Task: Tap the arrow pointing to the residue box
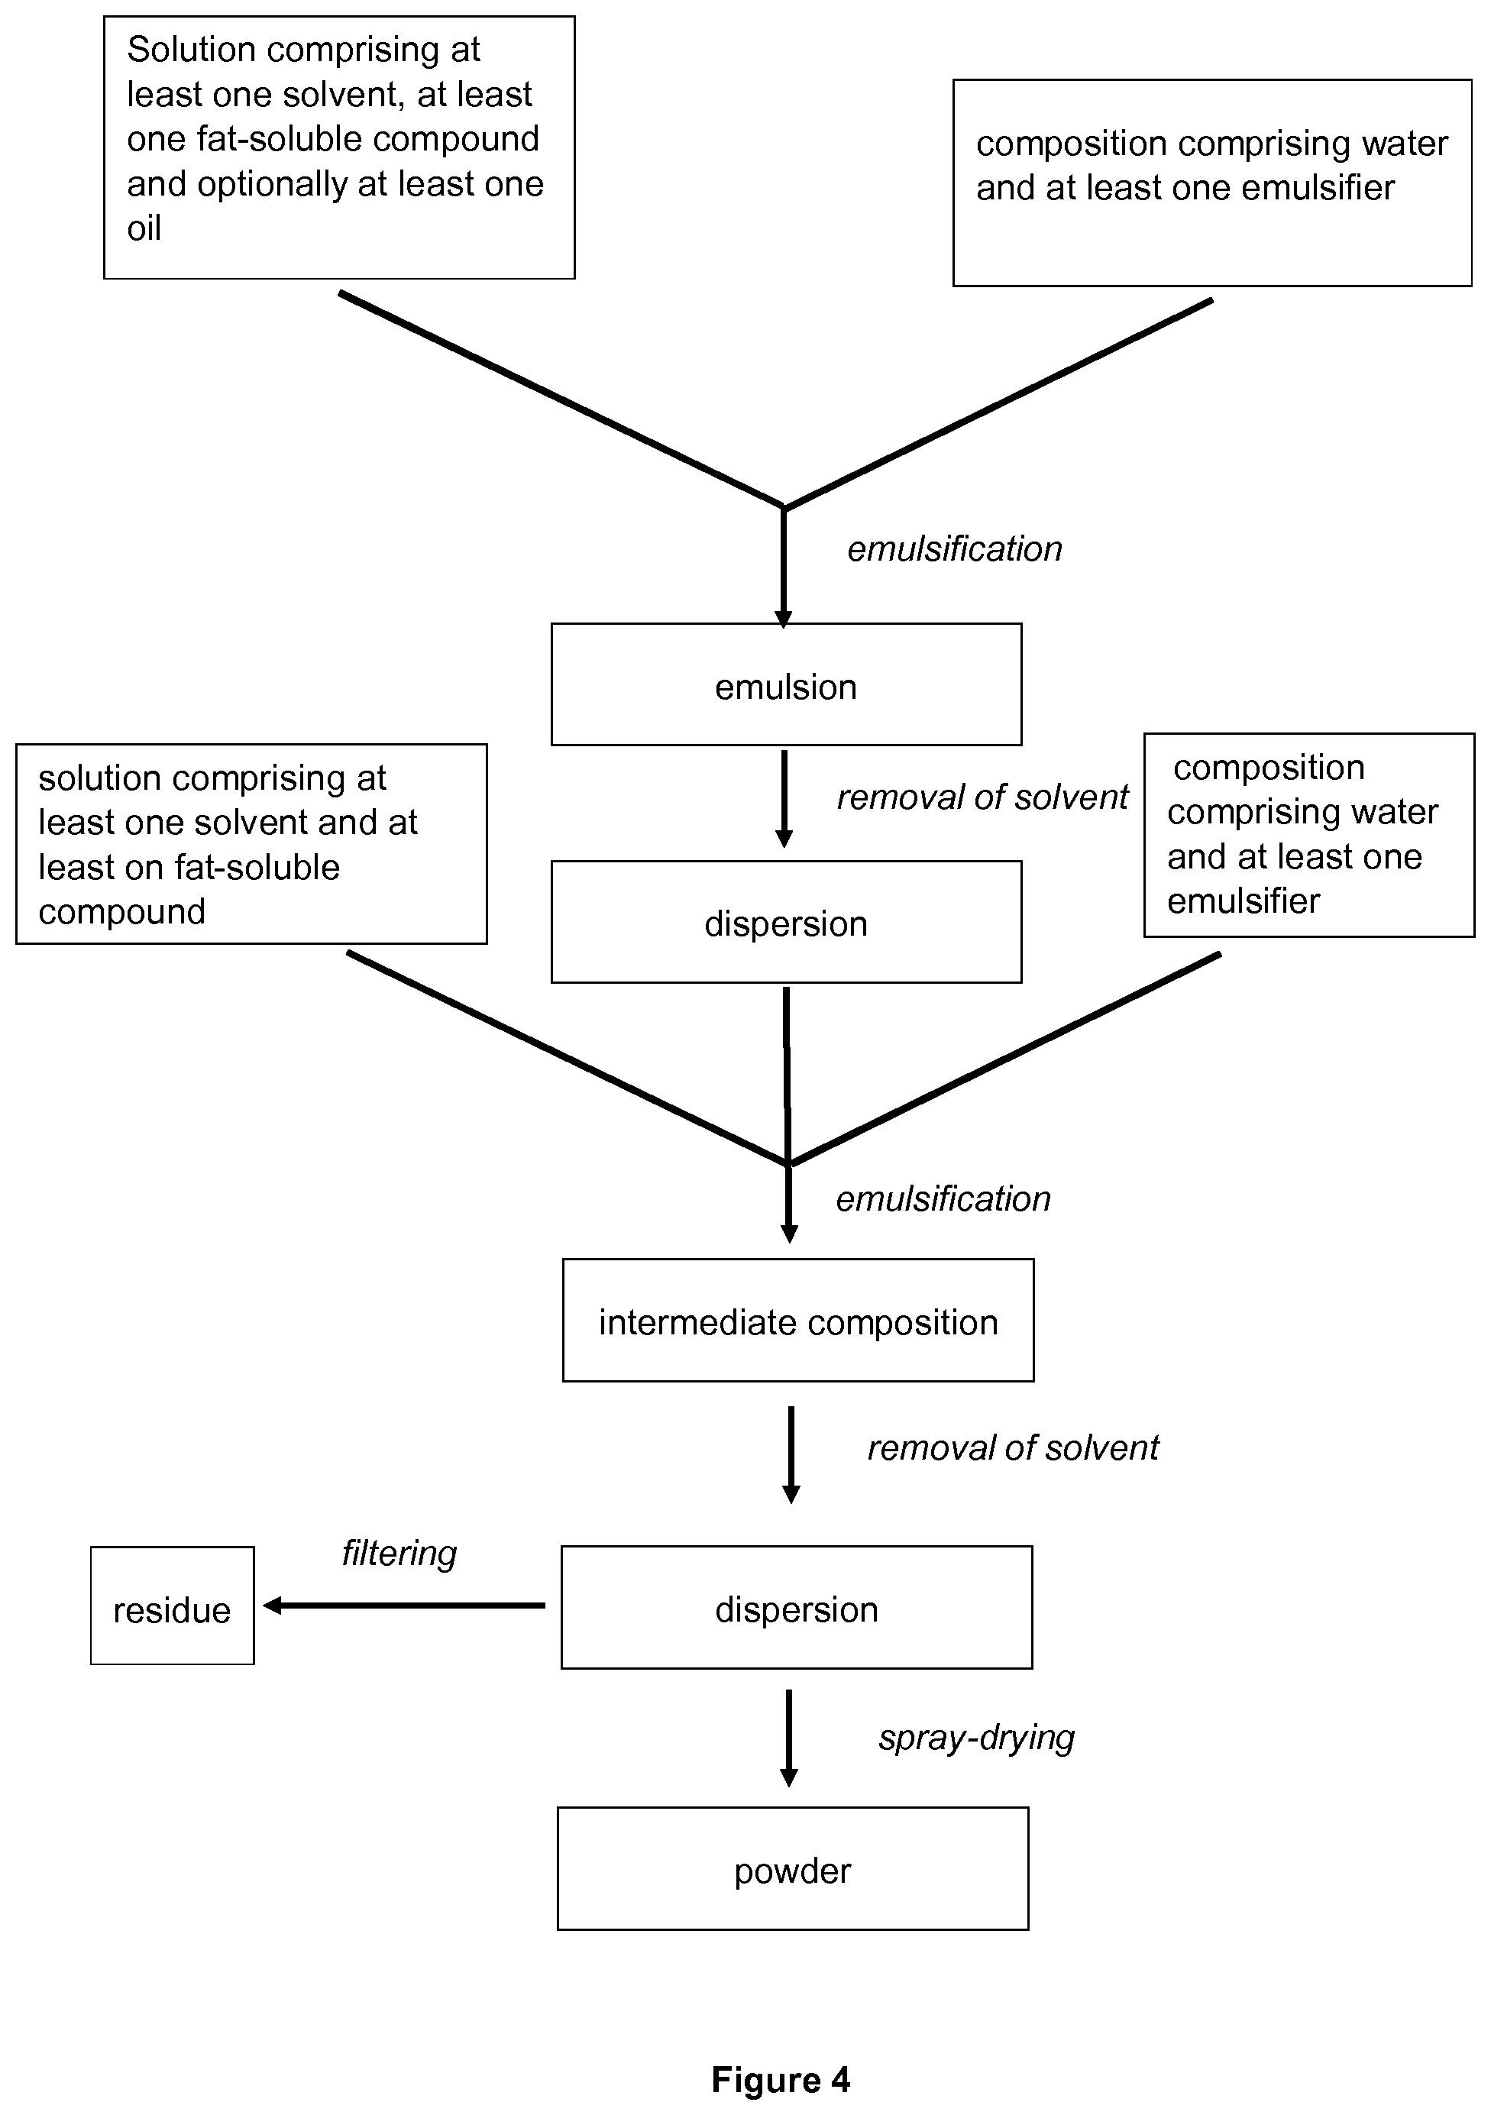click(x=404, y=1606)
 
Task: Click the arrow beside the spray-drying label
click(x=789, y=1738)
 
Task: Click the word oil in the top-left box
click(x=144, y=228)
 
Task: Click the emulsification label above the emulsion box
click(x=955, y=549)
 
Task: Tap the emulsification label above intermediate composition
click(x=944, y=1199)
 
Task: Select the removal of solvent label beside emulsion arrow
click(x=982, y=797)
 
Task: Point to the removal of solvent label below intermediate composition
click(x=1013, y=1448)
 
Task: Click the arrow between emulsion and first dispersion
click(x=784, y=799)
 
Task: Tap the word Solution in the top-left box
click(x=191, y=50)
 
